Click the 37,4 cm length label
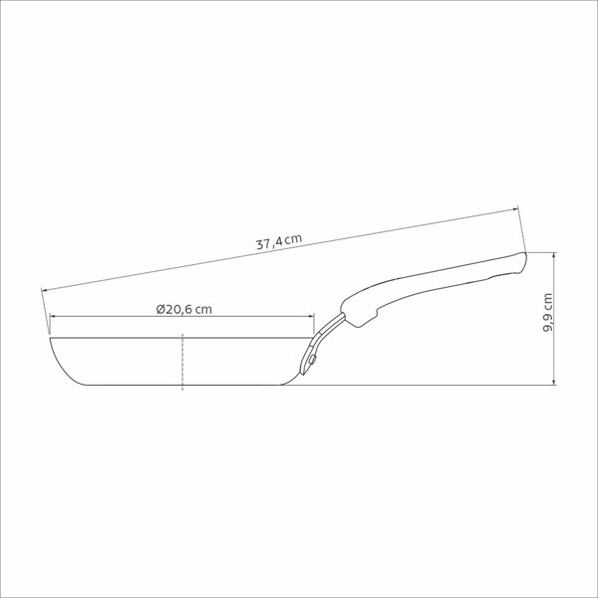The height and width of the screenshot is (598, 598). [x=279, y=242]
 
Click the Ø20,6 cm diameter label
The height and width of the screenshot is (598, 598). [x=183, y=309]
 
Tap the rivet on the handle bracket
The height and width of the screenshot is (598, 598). [x=312, y=359]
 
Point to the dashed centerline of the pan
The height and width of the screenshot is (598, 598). [x=182, y=362]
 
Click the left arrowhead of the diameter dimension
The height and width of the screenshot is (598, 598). [x=53, y=316]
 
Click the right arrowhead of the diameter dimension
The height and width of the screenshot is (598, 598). [x=311, y=316]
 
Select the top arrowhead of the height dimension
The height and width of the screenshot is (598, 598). [x=554, y=255]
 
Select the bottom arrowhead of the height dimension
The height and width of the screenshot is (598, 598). [x=554, y=382]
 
